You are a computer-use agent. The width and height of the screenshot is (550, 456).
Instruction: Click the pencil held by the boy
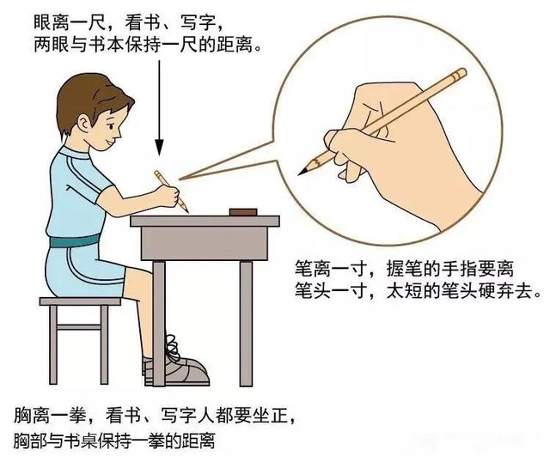click(x=169, y=190)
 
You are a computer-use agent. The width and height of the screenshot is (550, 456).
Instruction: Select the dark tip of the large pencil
click(x=302, y=170)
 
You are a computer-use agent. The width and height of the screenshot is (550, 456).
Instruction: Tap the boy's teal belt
click(x=77, y=241)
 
